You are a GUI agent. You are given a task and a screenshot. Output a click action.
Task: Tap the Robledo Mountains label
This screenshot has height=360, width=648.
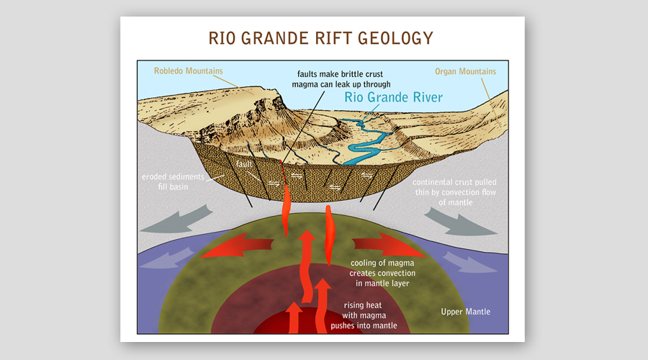[188, 71]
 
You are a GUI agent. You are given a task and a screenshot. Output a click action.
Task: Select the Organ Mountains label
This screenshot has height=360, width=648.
[466, 71]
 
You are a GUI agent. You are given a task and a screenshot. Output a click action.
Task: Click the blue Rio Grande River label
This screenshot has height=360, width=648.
[393, 97]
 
